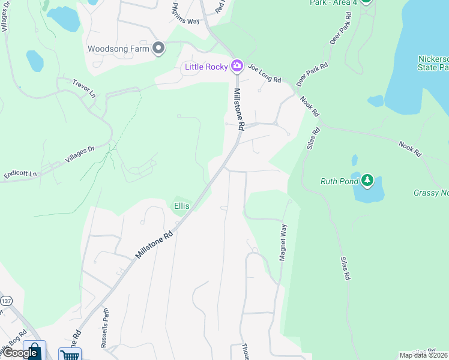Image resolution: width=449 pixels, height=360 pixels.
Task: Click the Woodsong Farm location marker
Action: [x=158, y=49]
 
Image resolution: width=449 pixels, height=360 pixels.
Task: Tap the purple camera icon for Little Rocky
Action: [x=237, y=65]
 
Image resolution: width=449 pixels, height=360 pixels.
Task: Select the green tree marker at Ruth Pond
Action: [x=367, y=180]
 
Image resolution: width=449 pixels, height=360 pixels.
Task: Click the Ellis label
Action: [x=182, y=206]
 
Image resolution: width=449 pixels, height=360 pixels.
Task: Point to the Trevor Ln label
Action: [x=84, y=88]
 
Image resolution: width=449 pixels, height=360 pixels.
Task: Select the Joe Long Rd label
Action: [x=265, y=76]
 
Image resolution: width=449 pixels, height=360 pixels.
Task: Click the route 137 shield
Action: [x=7, y=301]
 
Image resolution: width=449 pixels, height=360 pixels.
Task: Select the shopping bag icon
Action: [x=35, y=351]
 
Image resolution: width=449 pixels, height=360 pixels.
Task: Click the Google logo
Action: [x=19, y=353]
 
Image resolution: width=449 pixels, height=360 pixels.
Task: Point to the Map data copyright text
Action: [x=423, y=355]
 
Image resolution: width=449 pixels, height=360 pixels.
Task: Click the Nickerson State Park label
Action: [x=433, y=63]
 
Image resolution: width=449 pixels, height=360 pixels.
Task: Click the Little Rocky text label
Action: [x=205, y=66]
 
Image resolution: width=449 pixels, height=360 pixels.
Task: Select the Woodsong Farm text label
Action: [x=118, y=49]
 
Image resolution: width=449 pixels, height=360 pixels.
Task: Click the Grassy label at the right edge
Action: [x=431, y=193]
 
